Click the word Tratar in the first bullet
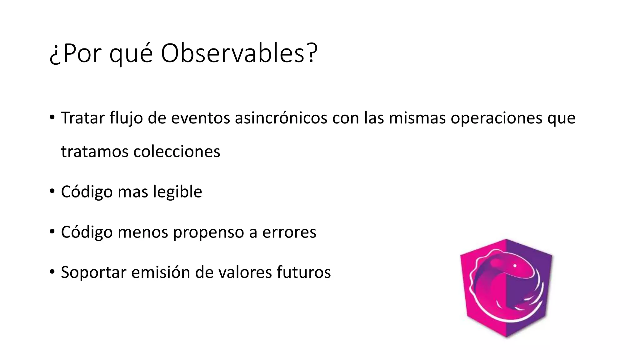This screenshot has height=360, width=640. coord(82,118)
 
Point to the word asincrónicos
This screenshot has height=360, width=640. coord(281,118)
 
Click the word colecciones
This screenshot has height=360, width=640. coord(177,152)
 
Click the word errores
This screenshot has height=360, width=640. coord(289,232)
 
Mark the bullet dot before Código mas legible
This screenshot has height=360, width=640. coord(52,191)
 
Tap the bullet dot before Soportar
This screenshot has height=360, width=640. coord(52,272)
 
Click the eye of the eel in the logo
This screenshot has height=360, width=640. coord(515,266)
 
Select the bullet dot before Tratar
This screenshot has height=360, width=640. coord(52,117)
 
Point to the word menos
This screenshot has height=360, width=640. coord(143,232)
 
